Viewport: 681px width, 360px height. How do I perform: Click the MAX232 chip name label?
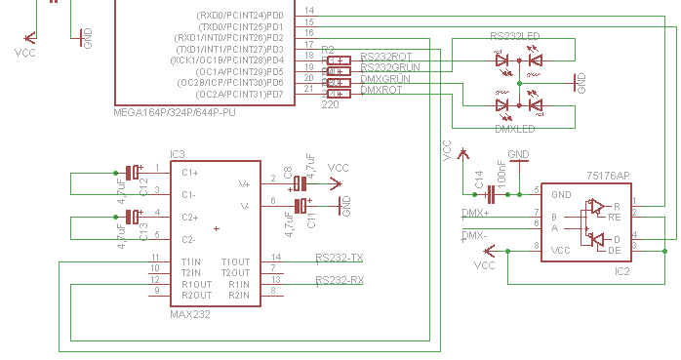190,314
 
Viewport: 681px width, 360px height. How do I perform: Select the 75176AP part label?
608,176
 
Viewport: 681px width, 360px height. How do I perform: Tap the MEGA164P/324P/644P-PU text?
175,113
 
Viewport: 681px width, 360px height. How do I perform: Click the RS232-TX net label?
339,259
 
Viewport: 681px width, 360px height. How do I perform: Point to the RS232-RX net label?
339,281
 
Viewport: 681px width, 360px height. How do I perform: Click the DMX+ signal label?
475,213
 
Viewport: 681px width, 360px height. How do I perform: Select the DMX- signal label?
475,235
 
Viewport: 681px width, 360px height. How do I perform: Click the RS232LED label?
514,36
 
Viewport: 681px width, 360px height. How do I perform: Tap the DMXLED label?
514,129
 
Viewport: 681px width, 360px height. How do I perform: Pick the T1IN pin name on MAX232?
191,261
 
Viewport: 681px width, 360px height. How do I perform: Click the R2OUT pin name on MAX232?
196,295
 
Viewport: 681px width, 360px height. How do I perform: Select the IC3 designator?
178,155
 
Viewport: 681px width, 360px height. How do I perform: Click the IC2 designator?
621,270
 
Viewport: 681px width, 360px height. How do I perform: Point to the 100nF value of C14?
501,176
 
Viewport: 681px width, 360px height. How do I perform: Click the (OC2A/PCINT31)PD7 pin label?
240,95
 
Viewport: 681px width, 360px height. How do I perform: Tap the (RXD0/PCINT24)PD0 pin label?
240,16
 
